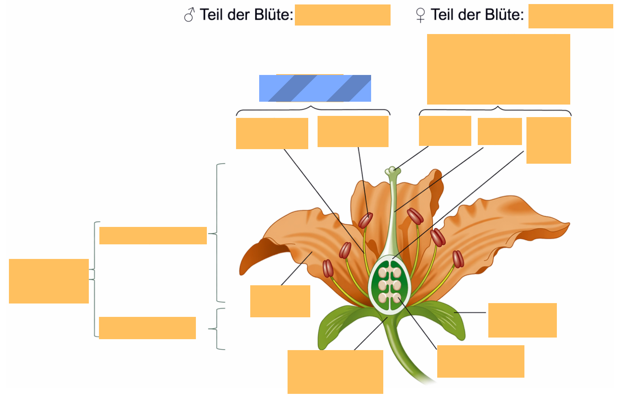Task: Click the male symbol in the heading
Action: click(189, 15)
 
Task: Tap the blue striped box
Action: click(315, 88)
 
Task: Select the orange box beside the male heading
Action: click(343, 15)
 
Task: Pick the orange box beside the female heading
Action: click(571, 16)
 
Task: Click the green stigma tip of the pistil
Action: click(393, 171)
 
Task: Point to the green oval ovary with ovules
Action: click(389, 284)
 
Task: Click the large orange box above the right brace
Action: click(498, 69)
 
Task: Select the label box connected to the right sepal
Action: click(522, 321)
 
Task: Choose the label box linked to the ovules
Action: click(481, 361)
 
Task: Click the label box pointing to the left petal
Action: click(280, 301)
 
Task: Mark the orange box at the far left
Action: click(49, 281)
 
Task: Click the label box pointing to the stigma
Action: click(445, 131)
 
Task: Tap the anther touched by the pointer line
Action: click(365, 220)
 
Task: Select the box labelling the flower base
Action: click(335, 372)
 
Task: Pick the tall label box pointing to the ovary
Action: click(549, 140)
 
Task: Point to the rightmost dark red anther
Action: click(458, 259)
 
